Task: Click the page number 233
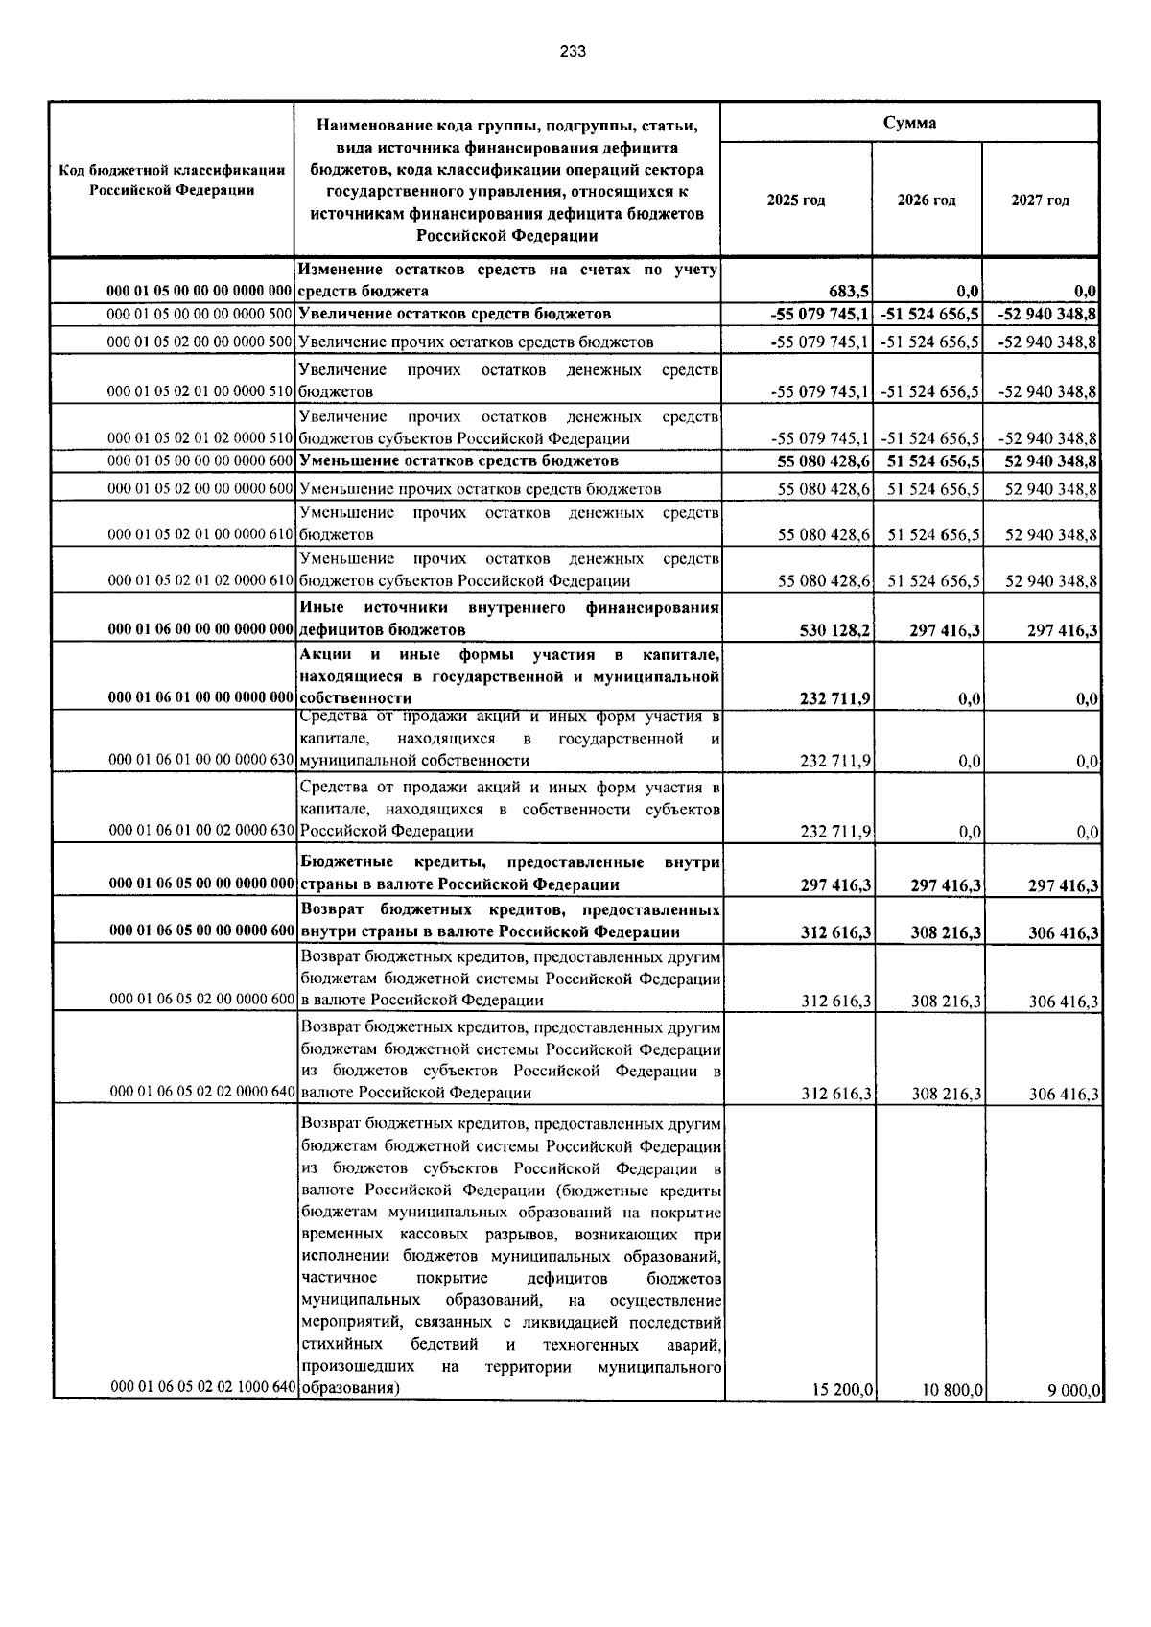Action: coord(573,52)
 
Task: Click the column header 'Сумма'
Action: coord(909,123)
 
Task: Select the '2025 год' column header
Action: coord(795,200)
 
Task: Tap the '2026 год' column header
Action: coord(926,200)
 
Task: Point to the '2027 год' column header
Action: coord(1040,200)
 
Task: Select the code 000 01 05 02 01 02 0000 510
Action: coord(200,439)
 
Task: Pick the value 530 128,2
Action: coord(834,630)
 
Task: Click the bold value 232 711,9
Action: coord(834,699)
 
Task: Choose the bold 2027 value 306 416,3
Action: coord(1063,933)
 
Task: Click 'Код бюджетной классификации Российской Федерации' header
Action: coord(173,179)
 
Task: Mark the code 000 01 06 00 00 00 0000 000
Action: coord(200,630)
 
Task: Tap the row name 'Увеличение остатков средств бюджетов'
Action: coord(455,315)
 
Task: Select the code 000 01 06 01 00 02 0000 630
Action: coord(200,831)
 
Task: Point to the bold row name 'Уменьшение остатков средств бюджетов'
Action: coord(458,461)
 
